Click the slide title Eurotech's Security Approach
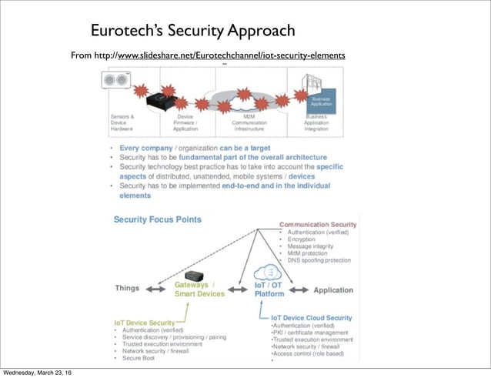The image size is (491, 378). tap(192, 31)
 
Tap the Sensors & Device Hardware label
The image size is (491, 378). tap(122, 123)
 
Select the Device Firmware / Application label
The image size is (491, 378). tap(185, 123)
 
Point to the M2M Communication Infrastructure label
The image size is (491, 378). tap(249, 123)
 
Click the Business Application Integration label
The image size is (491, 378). tap(316, 123)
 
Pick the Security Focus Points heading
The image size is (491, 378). tap(158, 219)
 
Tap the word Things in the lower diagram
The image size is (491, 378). tap(127, 289)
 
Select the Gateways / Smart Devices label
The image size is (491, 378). tap(199, 289)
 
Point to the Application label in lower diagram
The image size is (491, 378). tap(332, 290)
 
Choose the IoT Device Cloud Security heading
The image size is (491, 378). tap(312, 317)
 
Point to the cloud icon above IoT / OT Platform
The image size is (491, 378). tap(269, 272)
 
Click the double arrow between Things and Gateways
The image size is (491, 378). tap(158, 290)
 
